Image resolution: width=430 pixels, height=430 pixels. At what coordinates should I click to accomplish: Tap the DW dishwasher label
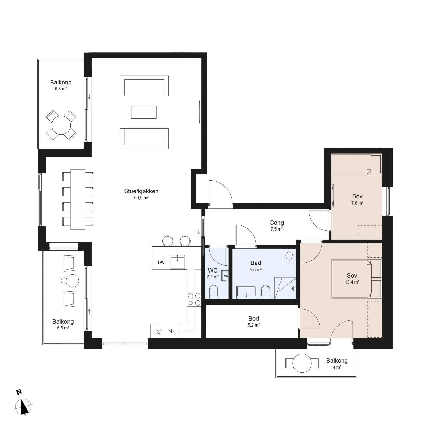[161, 263]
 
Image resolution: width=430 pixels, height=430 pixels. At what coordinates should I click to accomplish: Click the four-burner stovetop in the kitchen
[194, 299]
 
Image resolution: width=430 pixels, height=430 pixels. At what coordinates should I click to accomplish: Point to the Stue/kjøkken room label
[141, 191]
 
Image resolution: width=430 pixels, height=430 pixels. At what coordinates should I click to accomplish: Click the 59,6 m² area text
[142, 198]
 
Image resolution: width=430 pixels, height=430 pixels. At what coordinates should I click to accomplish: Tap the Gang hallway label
[277, 223]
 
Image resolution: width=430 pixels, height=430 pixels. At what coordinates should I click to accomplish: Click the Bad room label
[256, 263]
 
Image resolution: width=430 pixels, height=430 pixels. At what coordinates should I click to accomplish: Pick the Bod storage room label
[253, 319]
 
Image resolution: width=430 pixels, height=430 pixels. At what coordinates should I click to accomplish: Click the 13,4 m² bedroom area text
[352, 282]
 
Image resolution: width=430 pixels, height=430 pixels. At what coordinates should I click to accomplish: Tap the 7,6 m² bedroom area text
[357, 203]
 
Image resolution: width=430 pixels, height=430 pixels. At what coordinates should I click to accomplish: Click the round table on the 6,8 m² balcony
[61, 125]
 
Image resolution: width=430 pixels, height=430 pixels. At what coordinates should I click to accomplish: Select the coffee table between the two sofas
[144, 112]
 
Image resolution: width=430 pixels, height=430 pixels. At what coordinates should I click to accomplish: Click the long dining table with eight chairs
[78, 199]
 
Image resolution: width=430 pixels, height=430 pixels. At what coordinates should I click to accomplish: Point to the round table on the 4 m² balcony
[302, 363]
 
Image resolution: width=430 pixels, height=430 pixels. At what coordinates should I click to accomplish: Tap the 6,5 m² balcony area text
[63, 328]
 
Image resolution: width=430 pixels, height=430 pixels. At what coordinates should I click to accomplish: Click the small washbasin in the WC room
[225, 276]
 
